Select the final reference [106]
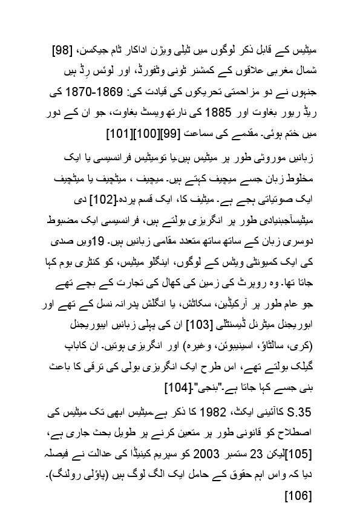pos(298,497)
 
